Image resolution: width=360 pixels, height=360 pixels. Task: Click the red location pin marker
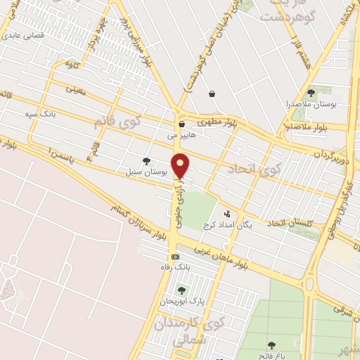click(x=181, y=166)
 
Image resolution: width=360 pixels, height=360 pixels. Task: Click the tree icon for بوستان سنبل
click(x=146, y=161)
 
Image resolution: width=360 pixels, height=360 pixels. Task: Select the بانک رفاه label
click(x=175, y=268)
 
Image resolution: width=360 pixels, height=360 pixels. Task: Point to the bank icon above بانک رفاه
click(x=176, y=257)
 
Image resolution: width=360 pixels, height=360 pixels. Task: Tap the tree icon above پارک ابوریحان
click(x=181, y=290)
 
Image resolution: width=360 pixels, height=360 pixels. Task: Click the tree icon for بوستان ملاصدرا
click(x=311, y=92)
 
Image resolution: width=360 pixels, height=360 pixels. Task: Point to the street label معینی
click(x=75, y=89)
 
